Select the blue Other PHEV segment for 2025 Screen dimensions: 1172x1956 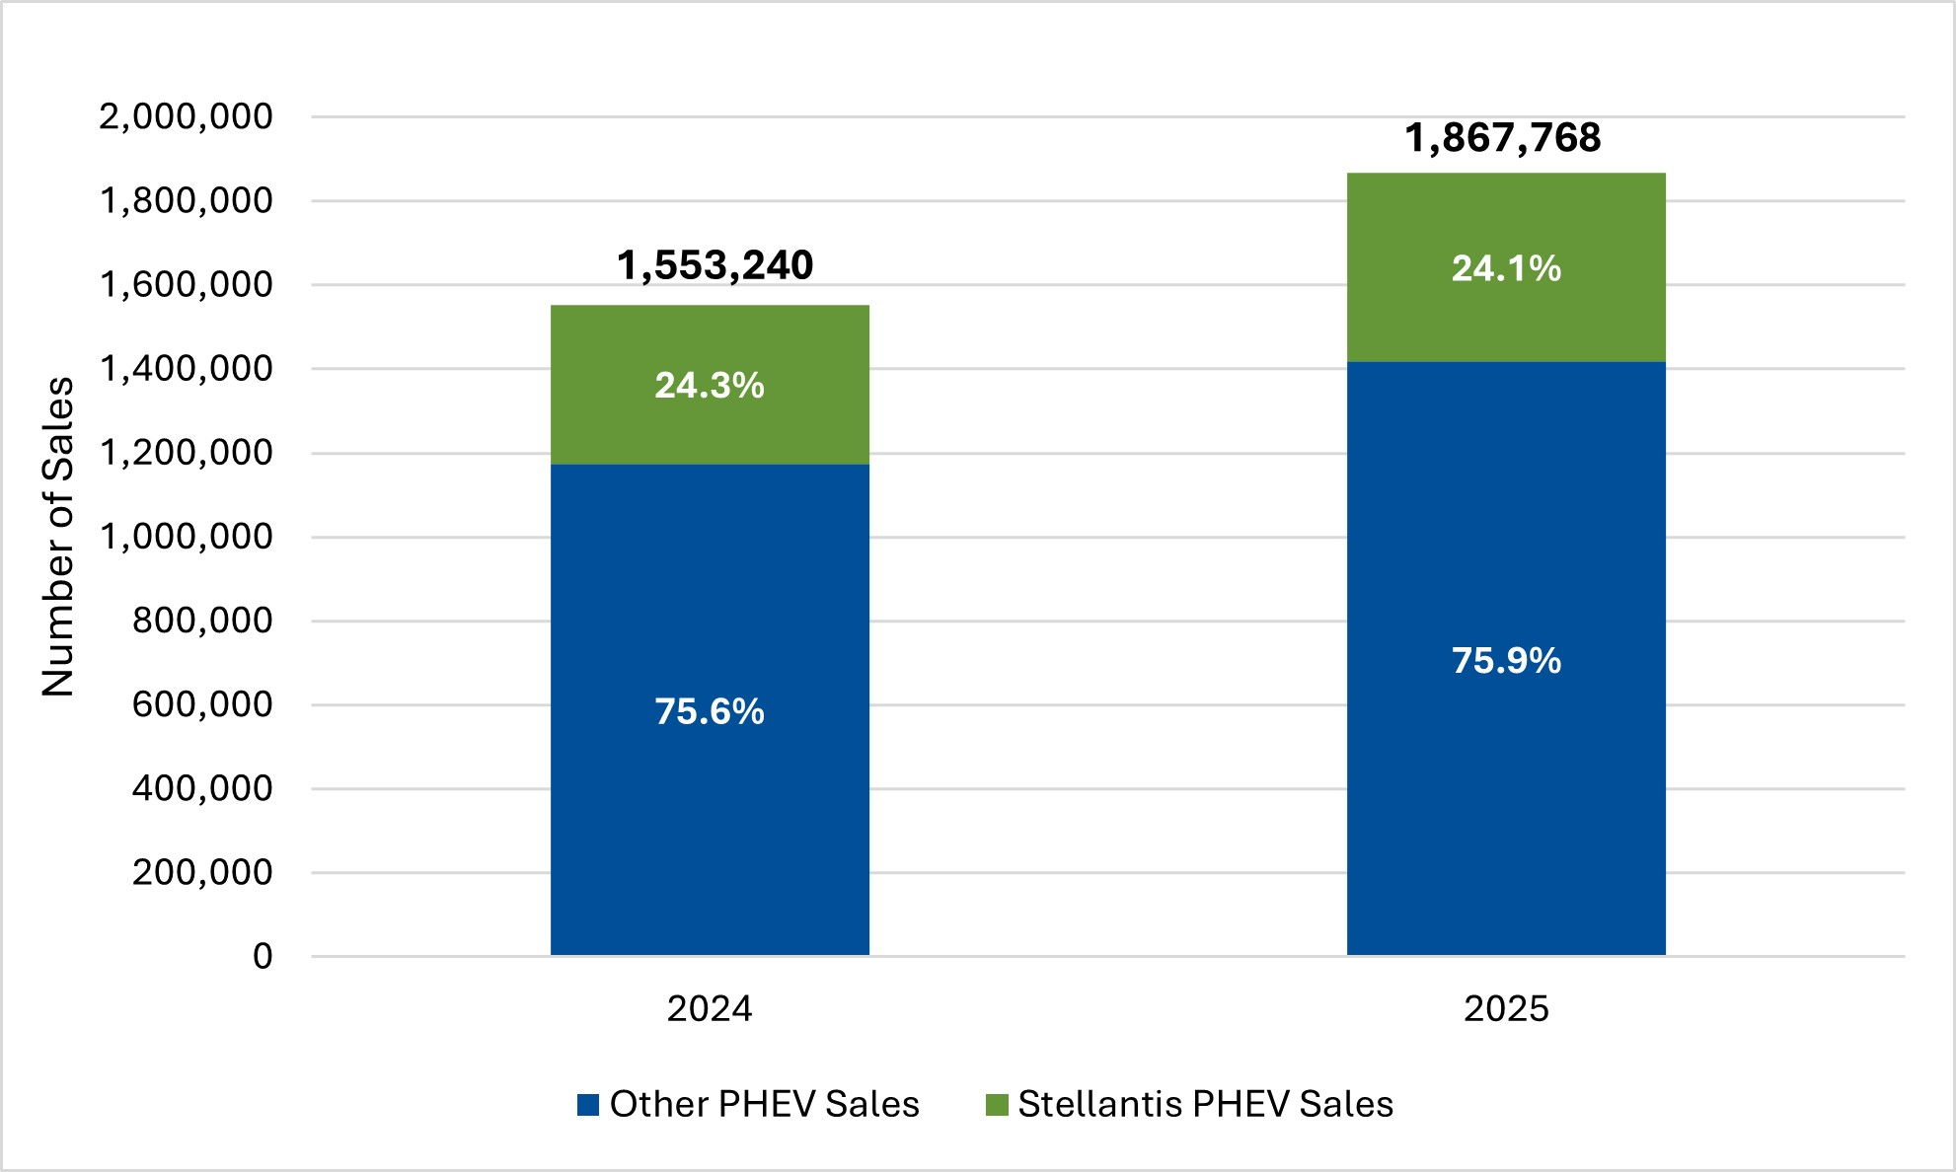(x=1506, y=789)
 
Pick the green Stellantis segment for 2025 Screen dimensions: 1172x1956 (x=1506, y=316)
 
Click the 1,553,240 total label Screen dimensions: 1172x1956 (x=715, y=265)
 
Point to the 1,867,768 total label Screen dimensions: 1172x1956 (x=1502, y=138)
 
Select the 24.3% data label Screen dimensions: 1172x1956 (x=710, y=385)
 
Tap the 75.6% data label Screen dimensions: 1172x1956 (x=710, y=711)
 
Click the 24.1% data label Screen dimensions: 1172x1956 (x=1506, y=268)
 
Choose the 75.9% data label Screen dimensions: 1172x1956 (x=1506, y=660)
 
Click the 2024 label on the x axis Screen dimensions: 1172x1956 (x=710, y=1008)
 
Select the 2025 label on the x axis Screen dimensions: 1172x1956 (x=1506, y=1008)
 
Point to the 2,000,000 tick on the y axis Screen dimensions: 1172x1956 (x=186, y=116)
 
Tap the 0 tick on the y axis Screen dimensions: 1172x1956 (x=263, y=956)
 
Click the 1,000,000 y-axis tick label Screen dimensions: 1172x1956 (x=186, y=537)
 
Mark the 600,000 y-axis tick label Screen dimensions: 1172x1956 (x=202, y=704)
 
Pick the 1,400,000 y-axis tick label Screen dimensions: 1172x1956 (x=186, y=368)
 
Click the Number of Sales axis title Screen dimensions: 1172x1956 (x=58, y=537)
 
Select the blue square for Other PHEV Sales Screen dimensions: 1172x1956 (x=588, y=1105)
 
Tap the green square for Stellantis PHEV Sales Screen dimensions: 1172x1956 (x=997, y=1105)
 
